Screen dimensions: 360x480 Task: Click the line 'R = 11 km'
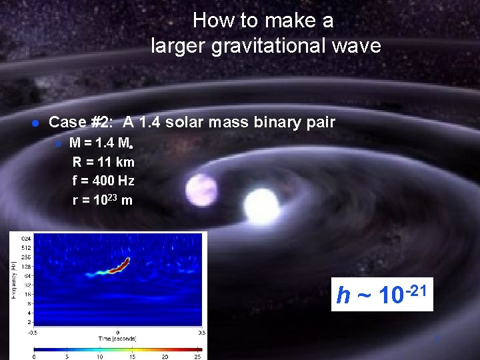click(x=103, y=161)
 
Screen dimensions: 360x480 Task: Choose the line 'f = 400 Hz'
click(x=103, y=180)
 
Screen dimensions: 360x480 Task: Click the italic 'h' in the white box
click(x=344, y=295)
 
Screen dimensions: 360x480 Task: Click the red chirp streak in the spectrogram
click(x=119, y=266)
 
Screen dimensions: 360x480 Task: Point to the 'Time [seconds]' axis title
click(x=117, y=339)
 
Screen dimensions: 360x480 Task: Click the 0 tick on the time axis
click(x=117, y=331)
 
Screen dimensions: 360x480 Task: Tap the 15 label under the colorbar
click(x=132, y=356)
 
